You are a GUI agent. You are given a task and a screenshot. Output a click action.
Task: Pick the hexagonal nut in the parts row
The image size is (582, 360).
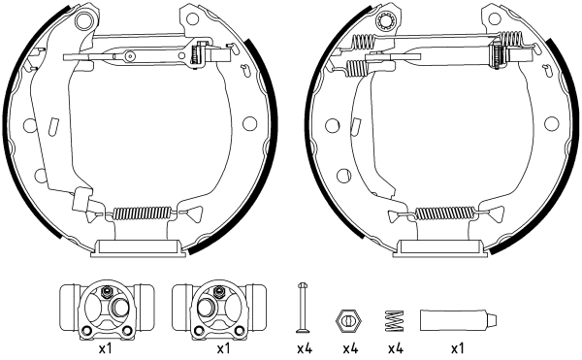(x=348, y=318)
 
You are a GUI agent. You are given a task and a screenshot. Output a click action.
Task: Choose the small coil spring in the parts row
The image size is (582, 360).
(x=395, y=318)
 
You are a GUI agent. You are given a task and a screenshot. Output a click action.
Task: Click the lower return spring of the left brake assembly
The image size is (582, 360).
(x=144, y=214)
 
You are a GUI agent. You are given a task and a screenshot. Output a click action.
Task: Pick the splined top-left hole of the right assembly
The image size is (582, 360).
(x=387, y=21)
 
